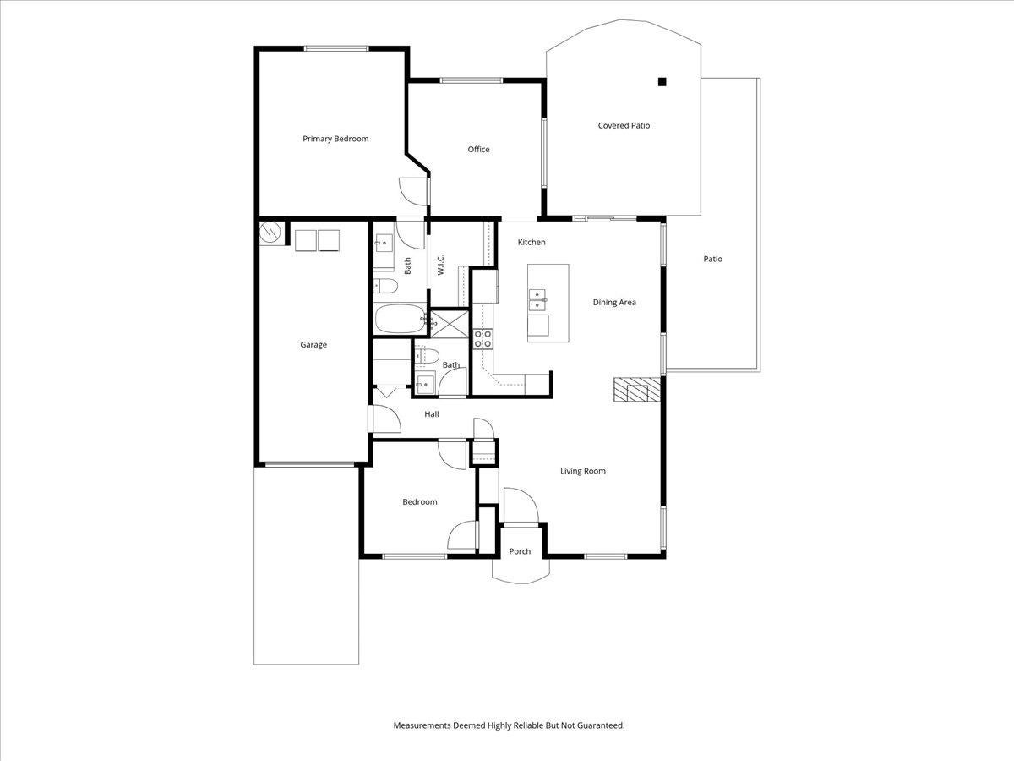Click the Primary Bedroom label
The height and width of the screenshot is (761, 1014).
click(x=335, y=139)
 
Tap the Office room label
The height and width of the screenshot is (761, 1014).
click(x=478, y=150)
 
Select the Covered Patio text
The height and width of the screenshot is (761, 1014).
click(x=624, y=125)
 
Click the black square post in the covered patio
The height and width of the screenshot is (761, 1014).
click(x=662, y=82)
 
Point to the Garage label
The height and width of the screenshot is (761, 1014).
click(x=313, y=345)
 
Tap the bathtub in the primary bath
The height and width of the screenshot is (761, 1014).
click(x=400, y=319)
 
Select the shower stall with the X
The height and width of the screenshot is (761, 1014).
click(x=450, y=323)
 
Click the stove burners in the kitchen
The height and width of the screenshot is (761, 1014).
click(x=482, y=339)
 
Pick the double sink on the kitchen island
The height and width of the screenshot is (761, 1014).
click(x=537, y=300)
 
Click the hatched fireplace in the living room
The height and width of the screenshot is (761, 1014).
click(x=636, y=390)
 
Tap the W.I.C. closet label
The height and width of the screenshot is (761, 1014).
click(x=440, y=265)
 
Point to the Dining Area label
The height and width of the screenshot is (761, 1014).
click(x=614, y=302)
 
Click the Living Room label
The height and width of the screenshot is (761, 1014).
click(x=582, y=471)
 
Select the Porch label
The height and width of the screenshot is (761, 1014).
click(x=520, y=551)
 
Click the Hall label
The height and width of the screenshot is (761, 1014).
click(x=432, y=414)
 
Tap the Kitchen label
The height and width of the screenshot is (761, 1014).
click(x=532, y=242)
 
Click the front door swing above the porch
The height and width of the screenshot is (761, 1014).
click(x=521, y=506)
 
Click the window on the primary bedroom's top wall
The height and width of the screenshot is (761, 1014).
click(x=335, y=48)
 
